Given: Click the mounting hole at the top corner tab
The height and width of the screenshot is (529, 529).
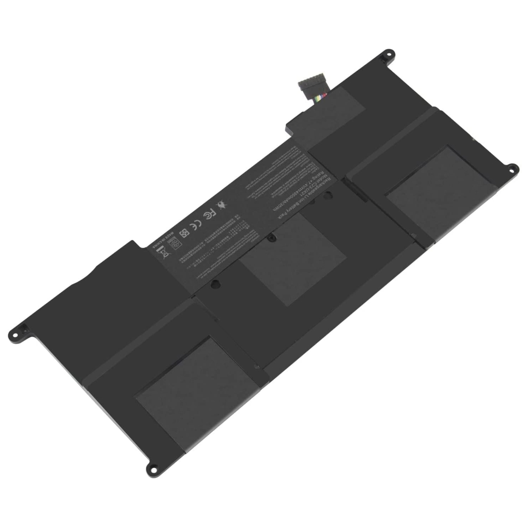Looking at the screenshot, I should (x=385, y=54).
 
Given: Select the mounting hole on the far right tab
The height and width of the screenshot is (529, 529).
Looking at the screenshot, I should (x=513, y=167).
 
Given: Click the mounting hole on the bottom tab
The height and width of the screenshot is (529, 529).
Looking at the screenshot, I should (x=151, y=469).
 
